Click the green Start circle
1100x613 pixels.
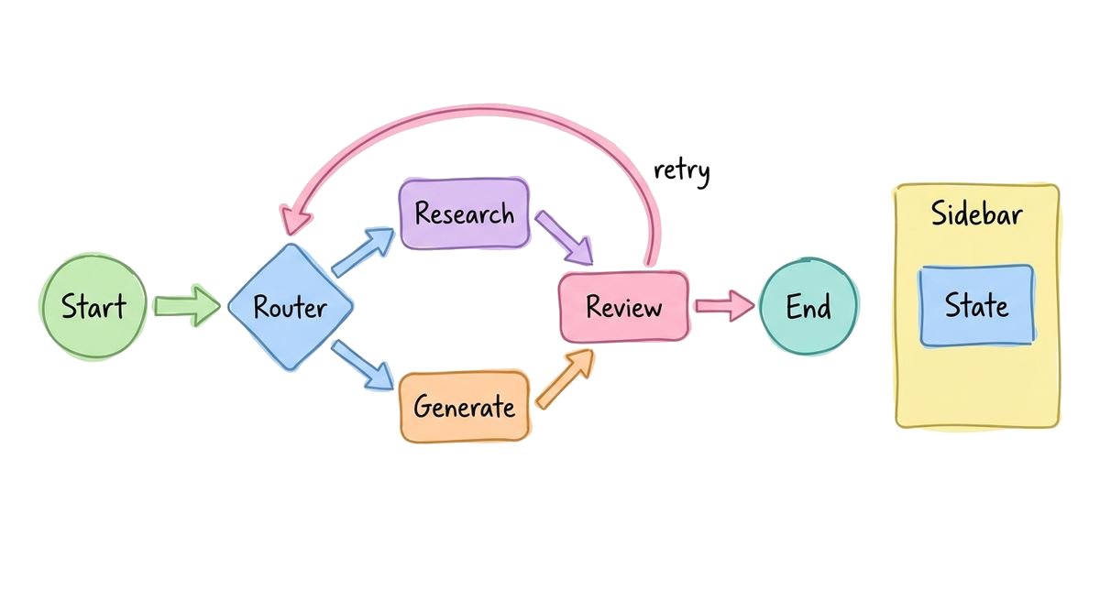(93, 306)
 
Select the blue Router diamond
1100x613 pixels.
(290, 307)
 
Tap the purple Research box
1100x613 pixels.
(464, 214)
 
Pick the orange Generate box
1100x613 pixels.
(464, 406)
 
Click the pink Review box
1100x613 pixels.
(624, 307)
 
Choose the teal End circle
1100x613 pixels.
(808, 307)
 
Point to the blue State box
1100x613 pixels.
(977, 306)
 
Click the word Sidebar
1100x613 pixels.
(977, 216)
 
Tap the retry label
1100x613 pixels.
(681, 171)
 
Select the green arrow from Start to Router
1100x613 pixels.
(187, 306)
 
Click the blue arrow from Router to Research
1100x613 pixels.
(364, 252)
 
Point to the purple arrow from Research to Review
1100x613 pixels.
(564, 236)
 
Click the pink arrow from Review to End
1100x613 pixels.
(724, 306)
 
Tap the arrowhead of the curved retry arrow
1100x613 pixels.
(296, 221)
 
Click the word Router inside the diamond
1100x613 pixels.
(290, 307)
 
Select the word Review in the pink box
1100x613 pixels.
(624, 307)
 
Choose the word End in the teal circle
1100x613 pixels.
(808, 308)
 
